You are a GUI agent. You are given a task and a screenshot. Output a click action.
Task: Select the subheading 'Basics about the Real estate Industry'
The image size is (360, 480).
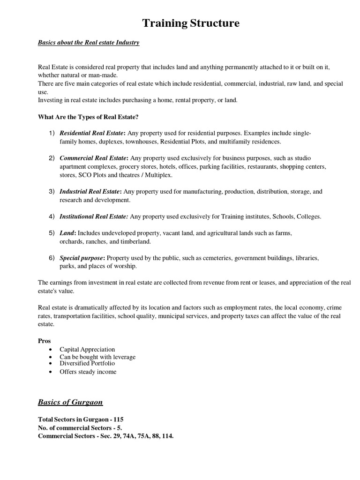pyautogui.click(x=89, y=43)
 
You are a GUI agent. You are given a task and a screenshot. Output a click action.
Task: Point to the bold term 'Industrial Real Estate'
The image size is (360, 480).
pyautogui.click(x=90, y=192)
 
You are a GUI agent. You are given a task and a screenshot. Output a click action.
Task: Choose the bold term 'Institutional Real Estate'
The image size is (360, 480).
pyautogui.click(x=93, y=217)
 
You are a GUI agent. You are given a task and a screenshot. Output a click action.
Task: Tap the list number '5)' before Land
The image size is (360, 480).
pyautogui.click(x=52, y=233)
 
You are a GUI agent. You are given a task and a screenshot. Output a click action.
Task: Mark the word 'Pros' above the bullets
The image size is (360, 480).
pyautogui.click(x=44, y=341)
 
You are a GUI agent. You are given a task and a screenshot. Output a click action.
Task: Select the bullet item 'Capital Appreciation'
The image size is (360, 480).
pyautogui.click(x=87, y=350)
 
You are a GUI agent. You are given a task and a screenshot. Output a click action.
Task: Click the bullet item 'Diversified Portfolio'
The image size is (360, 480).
pyautogui.click(x=87, y=363)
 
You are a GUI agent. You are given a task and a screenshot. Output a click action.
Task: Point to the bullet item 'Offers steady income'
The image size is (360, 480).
pyautogui.click(x=88, y=372)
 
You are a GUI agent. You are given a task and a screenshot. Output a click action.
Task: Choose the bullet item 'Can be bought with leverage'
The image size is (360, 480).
pyautogui.click(x=97, y=357)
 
